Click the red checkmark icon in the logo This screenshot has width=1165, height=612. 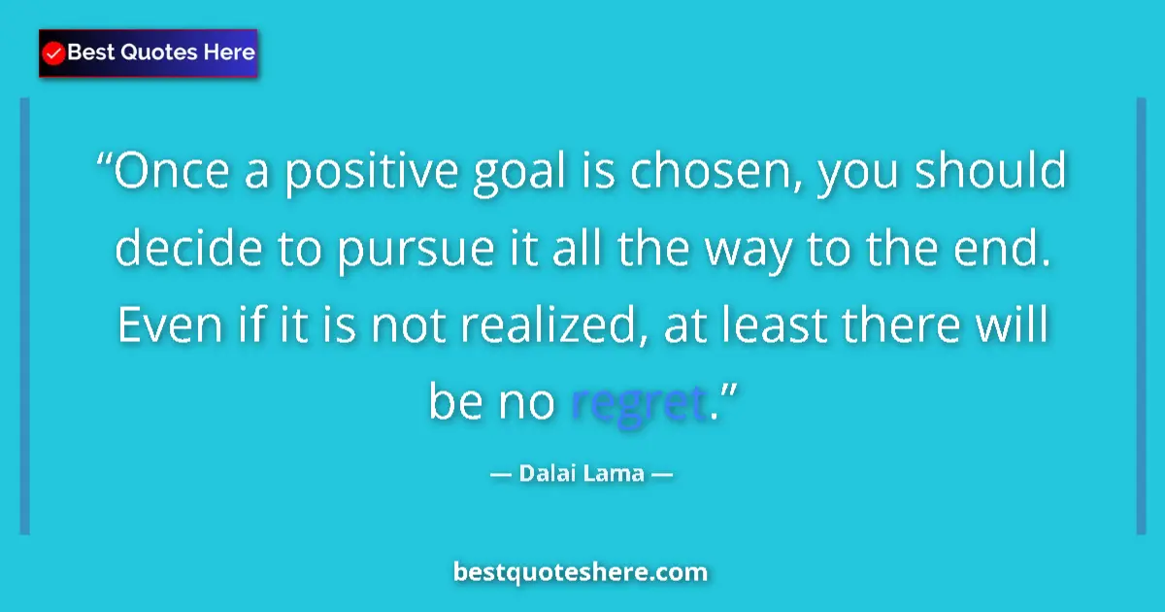(x=54, y=52)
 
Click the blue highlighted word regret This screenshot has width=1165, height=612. (x=637, y=402)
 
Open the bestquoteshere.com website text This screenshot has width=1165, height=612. (x=581, y=572)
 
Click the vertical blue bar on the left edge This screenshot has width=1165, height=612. (x=25, y=316)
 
